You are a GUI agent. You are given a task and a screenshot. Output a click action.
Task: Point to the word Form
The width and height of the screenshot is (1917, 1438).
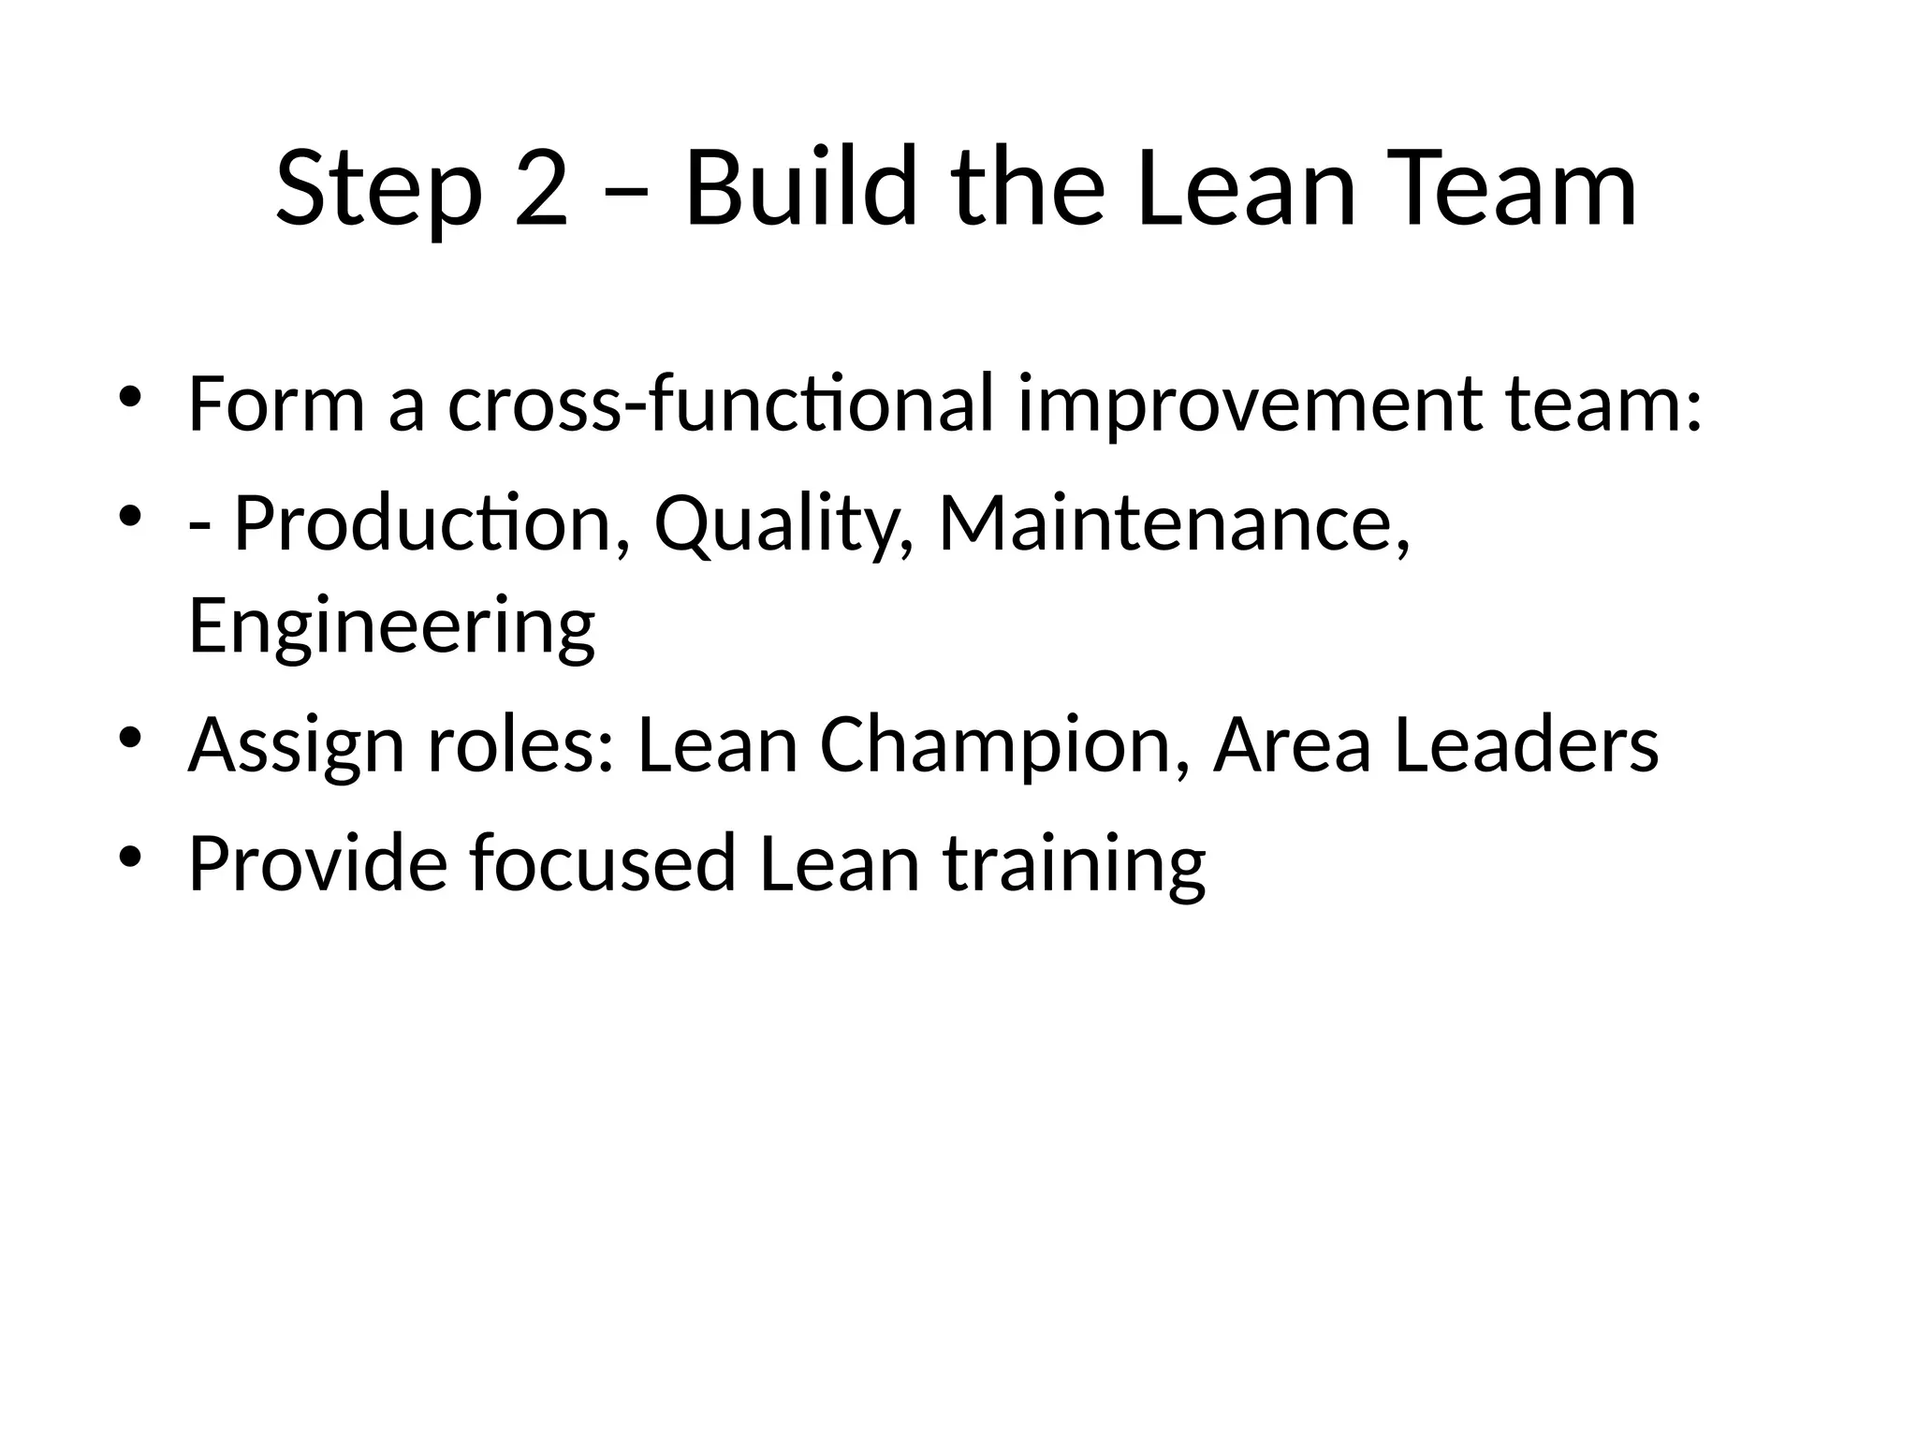276,404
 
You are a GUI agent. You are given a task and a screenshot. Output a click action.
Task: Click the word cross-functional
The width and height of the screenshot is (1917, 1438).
721,404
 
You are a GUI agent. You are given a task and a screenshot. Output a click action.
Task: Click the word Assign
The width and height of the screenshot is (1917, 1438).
297,747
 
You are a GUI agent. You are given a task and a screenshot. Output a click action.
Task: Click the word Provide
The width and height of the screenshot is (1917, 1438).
318,862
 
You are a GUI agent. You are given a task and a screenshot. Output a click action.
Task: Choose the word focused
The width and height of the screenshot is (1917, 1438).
603,862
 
